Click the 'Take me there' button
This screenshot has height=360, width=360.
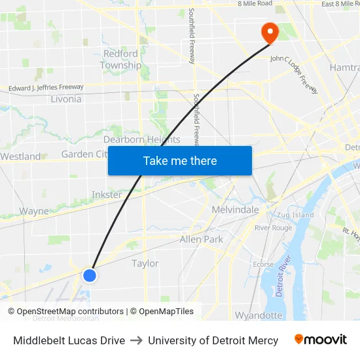(x=180, y=160)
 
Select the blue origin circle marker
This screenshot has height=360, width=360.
(x=90, y=276)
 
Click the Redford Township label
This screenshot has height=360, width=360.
(x=120, y=60)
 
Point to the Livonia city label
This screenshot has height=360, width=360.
(x=65, y=99)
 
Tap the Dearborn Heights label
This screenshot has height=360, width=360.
(x=141, y=139)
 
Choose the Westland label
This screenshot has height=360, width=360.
(x=20, y=156)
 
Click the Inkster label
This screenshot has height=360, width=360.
(x=107, y=195)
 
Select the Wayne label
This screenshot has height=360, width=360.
(x=34, y=211)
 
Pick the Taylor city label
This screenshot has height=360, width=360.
(x=145, y=263)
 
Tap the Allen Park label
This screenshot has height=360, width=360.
(x=202, y=240)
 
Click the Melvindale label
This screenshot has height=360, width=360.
(x=236, y=210)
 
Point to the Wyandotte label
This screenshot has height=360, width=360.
(x=259, y=315)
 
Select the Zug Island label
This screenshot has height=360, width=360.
(x=295, y=215)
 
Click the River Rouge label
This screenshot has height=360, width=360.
(x=274, y=228)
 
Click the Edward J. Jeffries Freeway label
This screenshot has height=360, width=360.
(x=46, y=87)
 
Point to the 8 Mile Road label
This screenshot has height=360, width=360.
(x=255, y=4)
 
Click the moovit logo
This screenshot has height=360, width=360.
(x=321, y=340)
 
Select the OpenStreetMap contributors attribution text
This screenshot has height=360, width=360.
(x=70, y=312)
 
